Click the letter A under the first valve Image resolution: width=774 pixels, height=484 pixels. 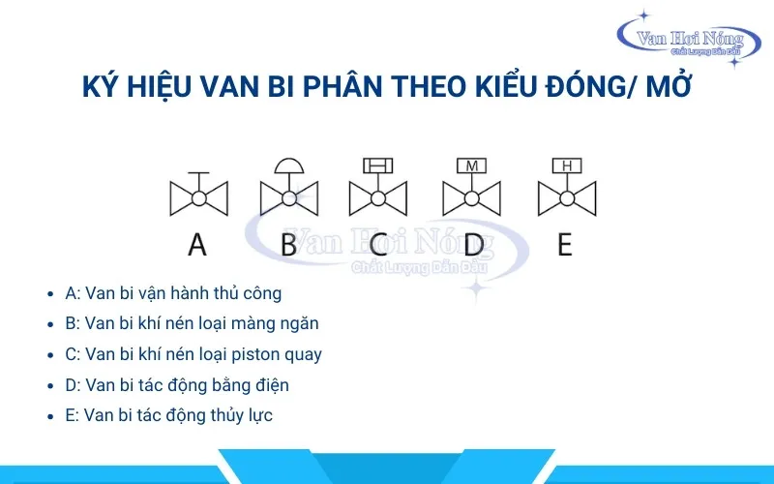pyautogui.click(x=197, y=245)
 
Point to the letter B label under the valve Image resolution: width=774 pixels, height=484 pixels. pyautogui.click(x=288, y=245)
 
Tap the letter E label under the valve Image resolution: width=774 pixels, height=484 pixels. pyautogui.click(x=565, y=245)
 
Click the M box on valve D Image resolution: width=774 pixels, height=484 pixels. pyautogui.click(x=471, y=166)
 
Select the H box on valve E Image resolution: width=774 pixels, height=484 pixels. pyautogui.click(x=567, y=166)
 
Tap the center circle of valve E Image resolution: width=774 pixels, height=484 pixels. pyautogui.click(x=567, y=198)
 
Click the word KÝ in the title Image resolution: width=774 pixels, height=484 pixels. pyautogui.click(x=101, y=86)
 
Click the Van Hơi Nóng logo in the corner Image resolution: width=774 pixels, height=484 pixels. pyautogui.click(x=689, y=41)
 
